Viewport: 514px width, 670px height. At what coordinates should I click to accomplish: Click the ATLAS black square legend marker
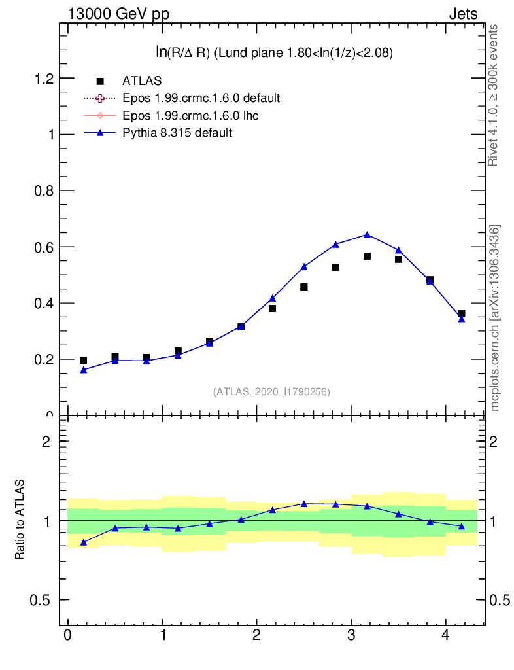coord(100,81)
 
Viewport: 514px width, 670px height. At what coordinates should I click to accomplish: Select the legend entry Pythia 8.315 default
coord(177,133)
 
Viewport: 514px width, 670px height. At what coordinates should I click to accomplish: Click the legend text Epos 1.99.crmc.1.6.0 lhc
coord(190,116)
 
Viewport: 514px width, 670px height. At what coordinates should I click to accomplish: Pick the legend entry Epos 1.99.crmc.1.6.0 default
coord(201,98)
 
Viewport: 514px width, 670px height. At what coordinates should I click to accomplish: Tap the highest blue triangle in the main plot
coord(367,235)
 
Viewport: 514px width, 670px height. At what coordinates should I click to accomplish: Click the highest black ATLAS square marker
coord(367,256)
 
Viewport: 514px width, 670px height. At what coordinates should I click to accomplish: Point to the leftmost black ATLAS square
coord(83,361)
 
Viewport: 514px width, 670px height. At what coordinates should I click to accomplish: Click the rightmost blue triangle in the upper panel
coord(461,319)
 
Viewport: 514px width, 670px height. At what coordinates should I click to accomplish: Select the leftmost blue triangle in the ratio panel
coord(83,542)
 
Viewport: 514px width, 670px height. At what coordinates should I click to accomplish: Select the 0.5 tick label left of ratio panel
coord(43,600)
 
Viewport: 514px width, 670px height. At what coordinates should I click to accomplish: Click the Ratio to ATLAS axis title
coord(20,520)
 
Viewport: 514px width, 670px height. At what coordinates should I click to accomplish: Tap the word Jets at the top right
coord(462,14)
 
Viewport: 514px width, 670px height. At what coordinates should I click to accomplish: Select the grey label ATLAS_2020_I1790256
coord(271,392)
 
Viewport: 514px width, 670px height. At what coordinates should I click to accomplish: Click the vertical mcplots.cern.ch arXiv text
coord(495,318)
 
